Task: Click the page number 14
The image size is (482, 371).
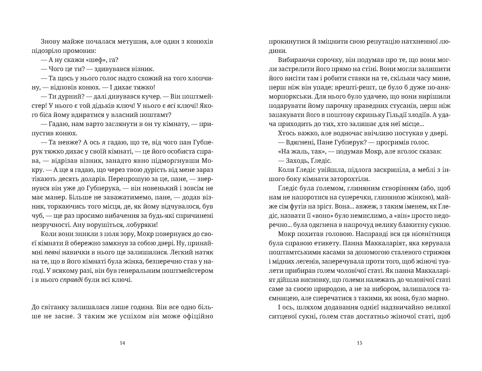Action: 123,343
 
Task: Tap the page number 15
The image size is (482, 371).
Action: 359,343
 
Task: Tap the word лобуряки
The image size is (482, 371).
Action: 142,225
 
